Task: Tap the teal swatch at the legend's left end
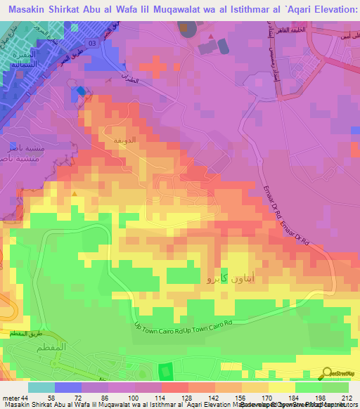41,387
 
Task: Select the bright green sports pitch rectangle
165,370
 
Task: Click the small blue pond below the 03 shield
80,91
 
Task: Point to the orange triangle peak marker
75,193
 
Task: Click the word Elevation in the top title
329,11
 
